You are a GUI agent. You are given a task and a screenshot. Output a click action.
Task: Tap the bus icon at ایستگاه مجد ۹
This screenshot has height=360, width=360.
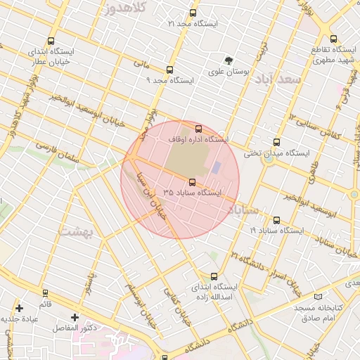(x=169, y=70)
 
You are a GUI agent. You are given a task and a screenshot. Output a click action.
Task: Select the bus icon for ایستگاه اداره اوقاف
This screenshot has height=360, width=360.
(x=198, y=129)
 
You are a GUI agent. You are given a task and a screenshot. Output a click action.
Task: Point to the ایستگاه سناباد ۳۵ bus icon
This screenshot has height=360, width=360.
(x=193, y=181)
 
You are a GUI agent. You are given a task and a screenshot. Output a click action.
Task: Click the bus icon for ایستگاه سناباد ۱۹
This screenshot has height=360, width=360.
(x=276, y=220)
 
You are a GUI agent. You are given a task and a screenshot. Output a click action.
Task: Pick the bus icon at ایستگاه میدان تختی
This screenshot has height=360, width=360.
(x=276, y=142)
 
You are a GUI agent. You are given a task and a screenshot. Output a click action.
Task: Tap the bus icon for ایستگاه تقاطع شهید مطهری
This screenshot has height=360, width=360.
(x=333, y=40)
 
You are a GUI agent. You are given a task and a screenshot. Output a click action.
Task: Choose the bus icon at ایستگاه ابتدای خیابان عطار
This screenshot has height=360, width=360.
(x=51, y=41)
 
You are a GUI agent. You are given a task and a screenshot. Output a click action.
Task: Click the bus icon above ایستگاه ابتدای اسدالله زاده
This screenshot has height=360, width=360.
(x=214, y=276)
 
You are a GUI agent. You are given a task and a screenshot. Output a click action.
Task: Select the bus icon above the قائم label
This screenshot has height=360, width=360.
(x=46, y=293)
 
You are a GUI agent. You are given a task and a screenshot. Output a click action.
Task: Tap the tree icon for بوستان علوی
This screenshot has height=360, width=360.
(x=228, y=60)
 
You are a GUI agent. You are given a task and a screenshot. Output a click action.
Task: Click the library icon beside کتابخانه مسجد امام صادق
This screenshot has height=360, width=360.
(x=319, y=297)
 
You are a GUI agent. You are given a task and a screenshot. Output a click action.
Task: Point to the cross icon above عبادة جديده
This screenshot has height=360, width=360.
(x=19, y=308)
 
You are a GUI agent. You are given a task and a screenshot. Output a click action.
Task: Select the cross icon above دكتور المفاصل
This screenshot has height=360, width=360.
(x=75, y=317)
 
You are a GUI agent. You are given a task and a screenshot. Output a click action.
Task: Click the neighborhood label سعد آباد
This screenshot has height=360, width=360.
(x=279, y=79)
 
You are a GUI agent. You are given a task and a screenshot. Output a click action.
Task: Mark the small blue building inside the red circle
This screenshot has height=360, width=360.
(x=217, y=167)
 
